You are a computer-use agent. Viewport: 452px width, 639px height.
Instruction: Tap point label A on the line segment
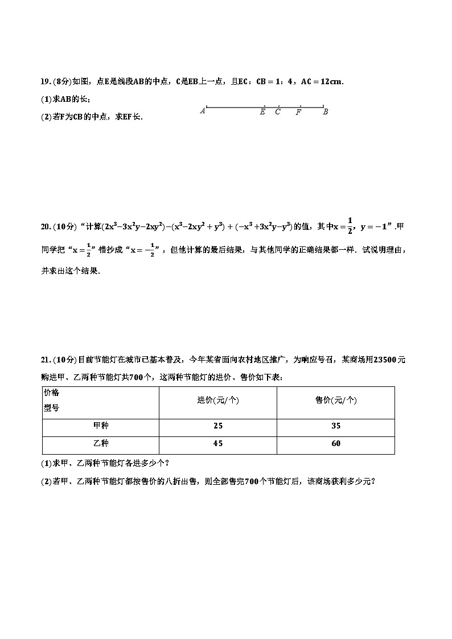pos(203,112)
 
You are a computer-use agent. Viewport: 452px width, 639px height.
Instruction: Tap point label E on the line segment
pos(262,112)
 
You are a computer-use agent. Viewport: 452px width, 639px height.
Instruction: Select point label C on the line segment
pos(278,112)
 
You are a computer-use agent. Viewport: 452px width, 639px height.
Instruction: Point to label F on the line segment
pos(298,112)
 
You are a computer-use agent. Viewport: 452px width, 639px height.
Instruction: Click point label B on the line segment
pos(325,112)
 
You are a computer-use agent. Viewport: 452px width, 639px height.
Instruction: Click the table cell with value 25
pos(217,426)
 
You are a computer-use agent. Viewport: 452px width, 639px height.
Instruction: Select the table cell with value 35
pos(335,426)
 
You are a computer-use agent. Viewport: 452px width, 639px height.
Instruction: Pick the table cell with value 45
pos(217,444)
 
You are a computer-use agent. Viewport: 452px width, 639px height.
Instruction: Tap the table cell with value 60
pos(335,444)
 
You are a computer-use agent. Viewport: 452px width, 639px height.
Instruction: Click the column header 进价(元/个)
pos(217,401)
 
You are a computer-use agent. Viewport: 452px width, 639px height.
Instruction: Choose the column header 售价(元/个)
pos(335,401)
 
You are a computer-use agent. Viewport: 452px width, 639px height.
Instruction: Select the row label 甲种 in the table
pos(100,426)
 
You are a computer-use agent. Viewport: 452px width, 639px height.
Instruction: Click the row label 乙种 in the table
pos(100,444)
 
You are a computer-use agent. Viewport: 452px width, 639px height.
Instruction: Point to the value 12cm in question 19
pos(330,82)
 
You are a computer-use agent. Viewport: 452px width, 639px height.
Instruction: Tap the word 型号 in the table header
pos(51,408)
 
